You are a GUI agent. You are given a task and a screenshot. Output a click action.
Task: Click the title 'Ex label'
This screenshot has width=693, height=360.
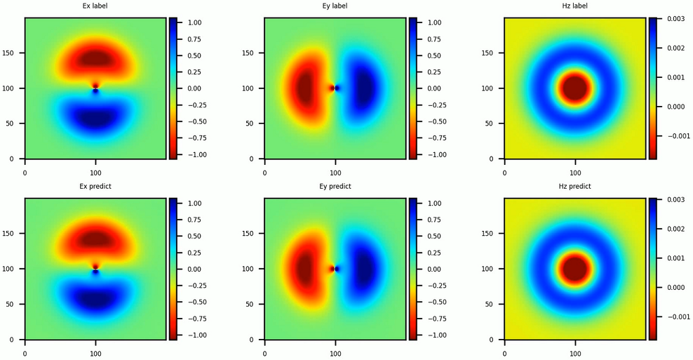(95, 6)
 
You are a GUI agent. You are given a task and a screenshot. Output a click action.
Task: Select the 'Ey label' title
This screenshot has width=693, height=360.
(335, 6)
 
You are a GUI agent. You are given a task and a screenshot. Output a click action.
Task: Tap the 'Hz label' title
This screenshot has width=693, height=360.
(575, 6)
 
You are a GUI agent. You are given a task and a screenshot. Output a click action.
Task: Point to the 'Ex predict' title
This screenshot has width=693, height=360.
(95, 187)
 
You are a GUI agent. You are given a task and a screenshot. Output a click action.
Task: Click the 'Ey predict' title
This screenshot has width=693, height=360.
(335, 187)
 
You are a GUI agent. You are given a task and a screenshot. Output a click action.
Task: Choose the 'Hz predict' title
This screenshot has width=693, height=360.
(575, 187)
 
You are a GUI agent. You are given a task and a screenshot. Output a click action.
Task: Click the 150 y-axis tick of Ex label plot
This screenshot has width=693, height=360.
(14, 53)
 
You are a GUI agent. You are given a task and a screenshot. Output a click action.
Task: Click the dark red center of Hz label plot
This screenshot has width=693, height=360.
(575, 88)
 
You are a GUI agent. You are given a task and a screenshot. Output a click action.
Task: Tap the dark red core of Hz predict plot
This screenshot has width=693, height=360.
(575, 269)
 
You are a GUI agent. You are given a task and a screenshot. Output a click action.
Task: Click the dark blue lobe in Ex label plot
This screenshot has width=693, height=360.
(95, 117)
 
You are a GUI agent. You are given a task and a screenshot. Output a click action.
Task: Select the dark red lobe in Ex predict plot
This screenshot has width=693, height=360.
(95, 240)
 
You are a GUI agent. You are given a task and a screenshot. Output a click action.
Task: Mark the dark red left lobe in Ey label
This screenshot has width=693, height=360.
(306, 88)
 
